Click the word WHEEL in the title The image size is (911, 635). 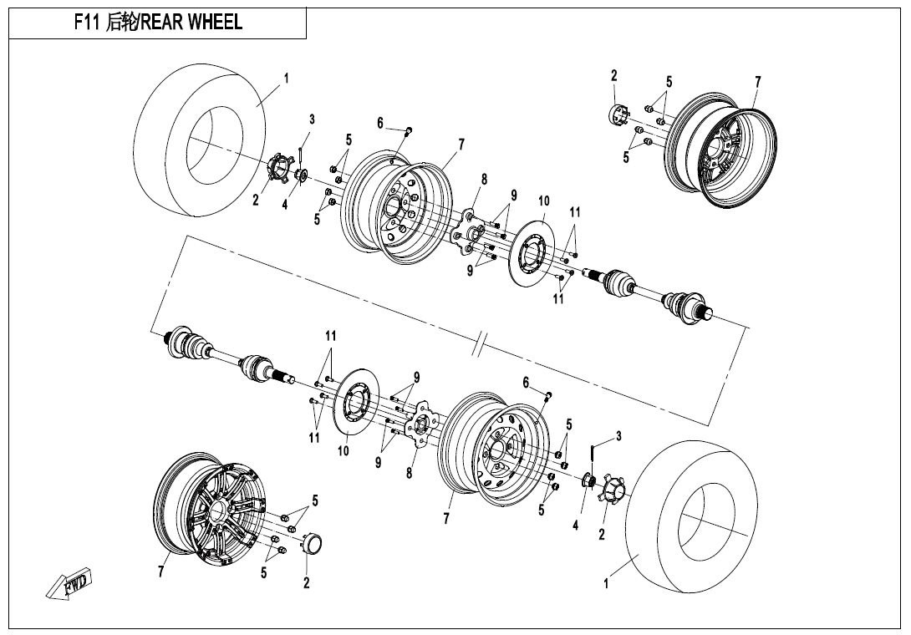216,23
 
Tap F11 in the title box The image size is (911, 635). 87,23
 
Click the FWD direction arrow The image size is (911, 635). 70,584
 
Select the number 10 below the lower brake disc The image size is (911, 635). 343,451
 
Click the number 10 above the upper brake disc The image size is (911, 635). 544,201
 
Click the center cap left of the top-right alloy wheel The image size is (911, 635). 619,113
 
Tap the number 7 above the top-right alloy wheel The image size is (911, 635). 757,81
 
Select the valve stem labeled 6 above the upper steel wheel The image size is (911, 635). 408,130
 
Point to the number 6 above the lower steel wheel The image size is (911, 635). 526,383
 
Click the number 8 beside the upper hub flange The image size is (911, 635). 484,179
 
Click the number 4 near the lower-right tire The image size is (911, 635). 575,525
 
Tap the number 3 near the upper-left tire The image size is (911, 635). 312,119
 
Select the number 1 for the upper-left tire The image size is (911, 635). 286,78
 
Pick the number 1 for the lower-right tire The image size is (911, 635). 606,585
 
